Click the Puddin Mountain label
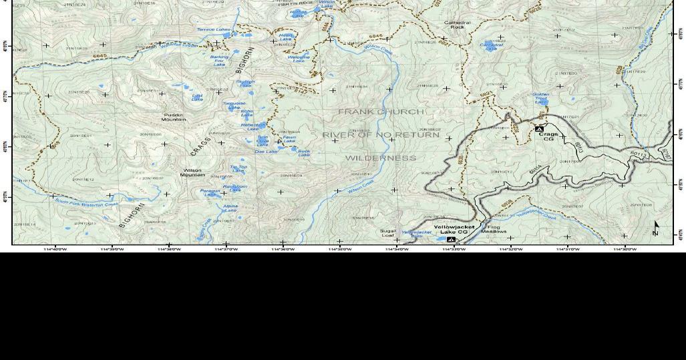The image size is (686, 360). tap(174, 118)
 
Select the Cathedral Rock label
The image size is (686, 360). tap(457, 25)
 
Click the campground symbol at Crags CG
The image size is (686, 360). tap(539, 128)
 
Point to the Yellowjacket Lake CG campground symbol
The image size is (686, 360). tap(451, 239)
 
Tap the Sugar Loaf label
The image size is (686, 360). tap(388, 233)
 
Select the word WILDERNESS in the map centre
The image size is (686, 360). tap(381, 158)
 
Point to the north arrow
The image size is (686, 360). tap(656, 229)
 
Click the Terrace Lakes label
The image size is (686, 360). tap(213, 29)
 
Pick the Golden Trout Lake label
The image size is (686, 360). tap(541, 98)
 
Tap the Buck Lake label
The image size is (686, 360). tap(304, 153)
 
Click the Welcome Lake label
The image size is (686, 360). tap(299, 58)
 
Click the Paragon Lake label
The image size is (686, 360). tap(210, 192)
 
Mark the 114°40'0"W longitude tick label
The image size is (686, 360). tap(55, 249)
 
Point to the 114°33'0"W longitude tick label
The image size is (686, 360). tap(454, 249)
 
